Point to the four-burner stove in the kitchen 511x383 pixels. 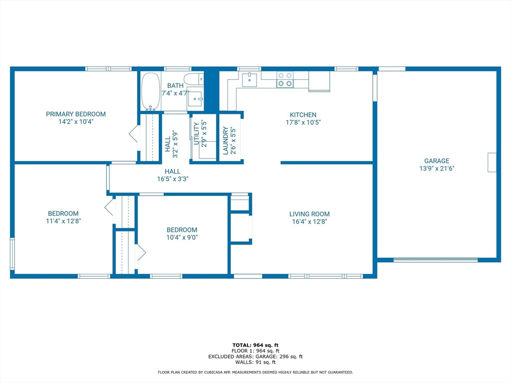pos(285,80)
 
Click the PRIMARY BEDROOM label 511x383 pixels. pos(76,114)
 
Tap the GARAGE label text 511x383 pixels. pos(437,161)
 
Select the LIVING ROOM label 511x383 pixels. pos(309,214)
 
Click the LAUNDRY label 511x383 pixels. pos(226,141)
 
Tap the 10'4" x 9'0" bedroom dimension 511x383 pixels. pos(182,237)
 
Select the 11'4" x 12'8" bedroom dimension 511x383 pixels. pos(63,221)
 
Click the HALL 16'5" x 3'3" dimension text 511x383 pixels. pos(173,179)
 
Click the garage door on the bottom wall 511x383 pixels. pos(435,259)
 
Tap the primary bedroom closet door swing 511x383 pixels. pos(133,135)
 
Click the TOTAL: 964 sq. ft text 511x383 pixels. pos(255,345)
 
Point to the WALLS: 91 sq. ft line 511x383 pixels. pos(255,362)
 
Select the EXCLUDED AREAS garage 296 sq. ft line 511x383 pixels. pos(255,357)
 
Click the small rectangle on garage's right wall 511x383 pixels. pos(492,162)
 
